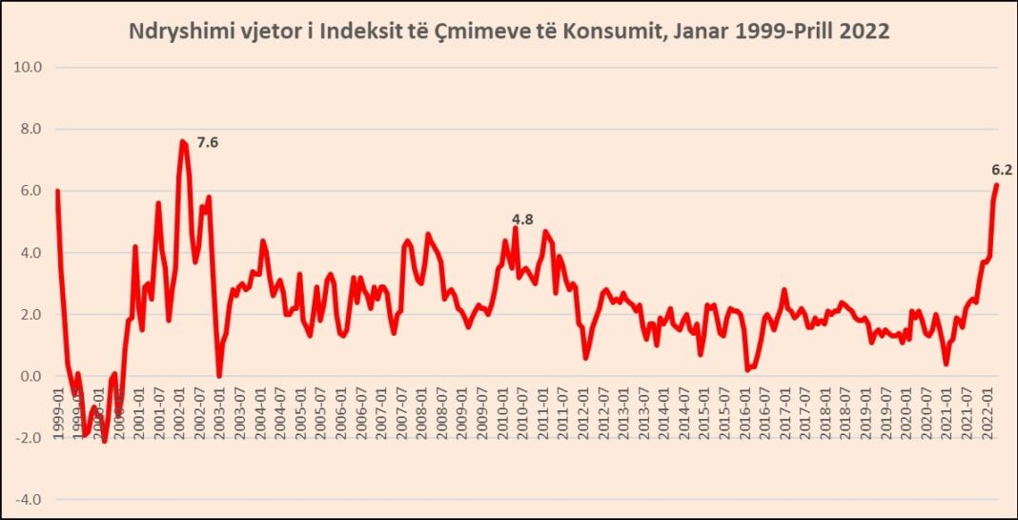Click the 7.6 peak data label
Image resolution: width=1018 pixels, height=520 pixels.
208,143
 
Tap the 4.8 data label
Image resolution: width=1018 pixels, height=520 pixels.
521,219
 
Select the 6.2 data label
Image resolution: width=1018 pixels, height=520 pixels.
1001,171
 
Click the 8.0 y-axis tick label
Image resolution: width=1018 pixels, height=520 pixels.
32,129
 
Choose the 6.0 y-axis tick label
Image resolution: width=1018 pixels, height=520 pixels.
32,191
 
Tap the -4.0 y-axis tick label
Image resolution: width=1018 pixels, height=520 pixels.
31,499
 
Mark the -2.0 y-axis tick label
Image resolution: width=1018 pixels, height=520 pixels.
31,438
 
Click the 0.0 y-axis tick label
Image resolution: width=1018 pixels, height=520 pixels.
32,376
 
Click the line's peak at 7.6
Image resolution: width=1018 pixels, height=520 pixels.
181,141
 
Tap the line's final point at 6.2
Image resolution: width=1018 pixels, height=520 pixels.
997,185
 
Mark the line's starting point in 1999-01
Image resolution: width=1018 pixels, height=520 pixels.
57,191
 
